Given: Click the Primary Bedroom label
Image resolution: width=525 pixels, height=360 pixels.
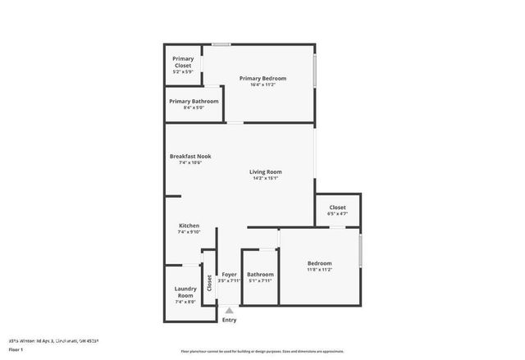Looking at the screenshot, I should tap(262, 79).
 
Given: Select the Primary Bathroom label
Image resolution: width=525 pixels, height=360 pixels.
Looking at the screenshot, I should tap(194, 102).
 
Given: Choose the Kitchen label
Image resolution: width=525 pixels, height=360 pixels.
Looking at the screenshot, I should tap(189, 226).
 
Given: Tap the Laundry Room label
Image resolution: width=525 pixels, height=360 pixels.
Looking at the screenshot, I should tap(185, 292).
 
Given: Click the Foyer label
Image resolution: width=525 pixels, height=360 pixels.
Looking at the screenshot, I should tap(229, 275).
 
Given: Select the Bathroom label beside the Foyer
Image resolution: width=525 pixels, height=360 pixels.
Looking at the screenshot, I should tap(260, 275).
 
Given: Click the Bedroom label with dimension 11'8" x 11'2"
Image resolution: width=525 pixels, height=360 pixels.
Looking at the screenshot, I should tap(319, 263).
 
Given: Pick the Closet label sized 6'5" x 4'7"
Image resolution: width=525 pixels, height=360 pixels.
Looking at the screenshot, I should tap(337, 207).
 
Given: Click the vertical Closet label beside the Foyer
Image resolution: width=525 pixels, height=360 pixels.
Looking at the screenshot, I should tap(209, 284).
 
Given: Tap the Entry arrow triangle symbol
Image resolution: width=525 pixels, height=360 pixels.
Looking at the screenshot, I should tap(229, 311).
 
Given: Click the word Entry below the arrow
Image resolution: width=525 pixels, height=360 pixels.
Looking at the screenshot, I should tap(229, 320).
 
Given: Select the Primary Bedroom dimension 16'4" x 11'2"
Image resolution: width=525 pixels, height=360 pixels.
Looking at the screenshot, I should tap(262, 84).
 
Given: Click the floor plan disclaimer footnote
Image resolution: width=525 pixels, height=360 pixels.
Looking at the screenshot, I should tap(262, 351).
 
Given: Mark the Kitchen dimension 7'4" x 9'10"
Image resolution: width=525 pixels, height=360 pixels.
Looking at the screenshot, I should tap(189, 232).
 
